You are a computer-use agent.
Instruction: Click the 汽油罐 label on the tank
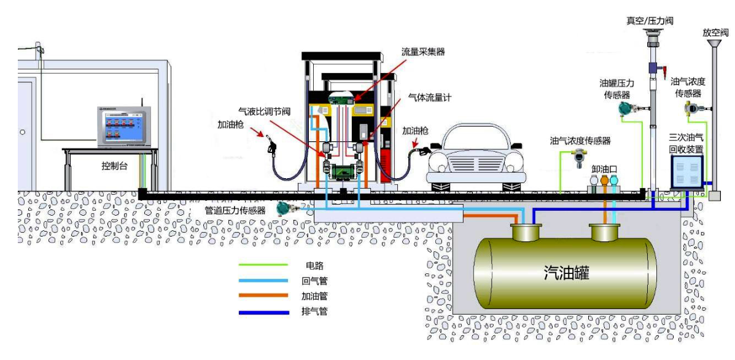coord(566,272)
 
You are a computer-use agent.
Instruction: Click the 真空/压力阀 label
coord(650,20)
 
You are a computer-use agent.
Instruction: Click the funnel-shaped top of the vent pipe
coord(714,44)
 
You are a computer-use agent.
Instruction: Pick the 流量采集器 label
coord(422,52)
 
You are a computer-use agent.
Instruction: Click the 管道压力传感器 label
coord(235,210)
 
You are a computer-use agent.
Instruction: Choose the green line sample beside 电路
coord(263,265)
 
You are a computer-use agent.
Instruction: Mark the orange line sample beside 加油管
coord(263,295)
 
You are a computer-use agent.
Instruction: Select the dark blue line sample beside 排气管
coord(263,311)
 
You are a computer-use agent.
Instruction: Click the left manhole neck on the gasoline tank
coord(526,232)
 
